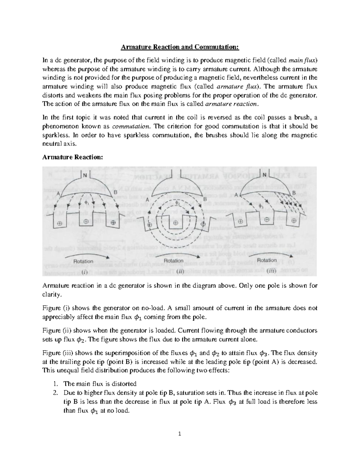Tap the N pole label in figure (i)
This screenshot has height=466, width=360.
[85, 175]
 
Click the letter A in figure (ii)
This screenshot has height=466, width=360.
[147, 200]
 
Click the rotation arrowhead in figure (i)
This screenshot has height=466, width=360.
[107, 257]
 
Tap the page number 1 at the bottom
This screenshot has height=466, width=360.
[180, 434]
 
